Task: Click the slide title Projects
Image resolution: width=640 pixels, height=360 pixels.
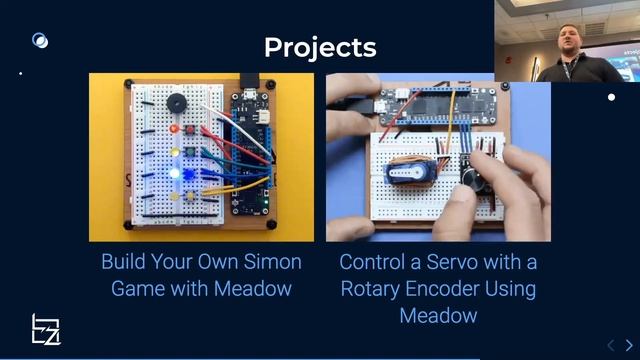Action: pos(320,47)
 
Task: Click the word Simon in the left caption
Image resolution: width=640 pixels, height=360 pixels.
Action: pos(271,263)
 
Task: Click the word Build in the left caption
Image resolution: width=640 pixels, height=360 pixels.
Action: pos(125,263)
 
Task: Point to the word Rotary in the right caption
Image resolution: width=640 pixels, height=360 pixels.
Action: pos(374,289)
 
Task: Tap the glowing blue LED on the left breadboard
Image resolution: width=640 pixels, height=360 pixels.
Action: pos(176,173)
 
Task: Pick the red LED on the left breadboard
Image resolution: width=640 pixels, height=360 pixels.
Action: pos(176,129)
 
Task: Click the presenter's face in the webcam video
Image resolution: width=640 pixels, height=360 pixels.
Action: pos(558,44)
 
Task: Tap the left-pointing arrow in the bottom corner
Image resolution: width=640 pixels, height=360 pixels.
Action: pos(611,346)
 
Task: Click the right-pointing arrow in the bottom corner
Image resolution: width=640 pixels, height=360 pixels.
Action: pos(628,346)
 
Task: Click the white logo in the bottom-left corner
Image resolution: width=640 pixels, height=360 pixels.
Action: pos(46,331)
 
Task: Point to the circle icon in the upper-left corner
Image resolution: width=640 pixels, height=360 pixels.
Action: pos(40,41)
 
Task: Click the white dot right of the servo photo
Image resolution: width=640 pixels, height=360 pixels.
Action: pos(612,97)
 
